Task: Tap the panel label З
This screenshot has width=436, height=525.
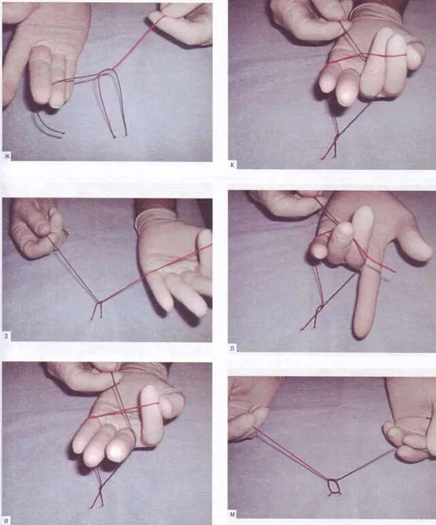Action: click(6, 336)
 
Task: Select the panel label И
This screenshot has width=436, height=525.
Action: click(6, 520)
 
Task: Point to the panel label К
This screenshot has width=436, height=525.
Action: click(232, 165)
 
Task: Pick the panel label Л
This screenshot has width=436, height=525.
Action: click(232, 348)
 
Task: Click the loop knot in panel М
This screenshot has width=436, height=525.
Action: click(333, 486)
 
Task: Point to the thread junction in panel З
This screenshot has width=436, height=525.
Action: click(99, 302)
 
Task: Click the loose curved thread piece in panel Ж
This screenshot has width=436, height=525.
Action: click(48, 124)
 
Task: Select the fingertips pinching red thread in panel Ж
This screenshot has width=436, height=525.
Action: click(161, 18)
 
